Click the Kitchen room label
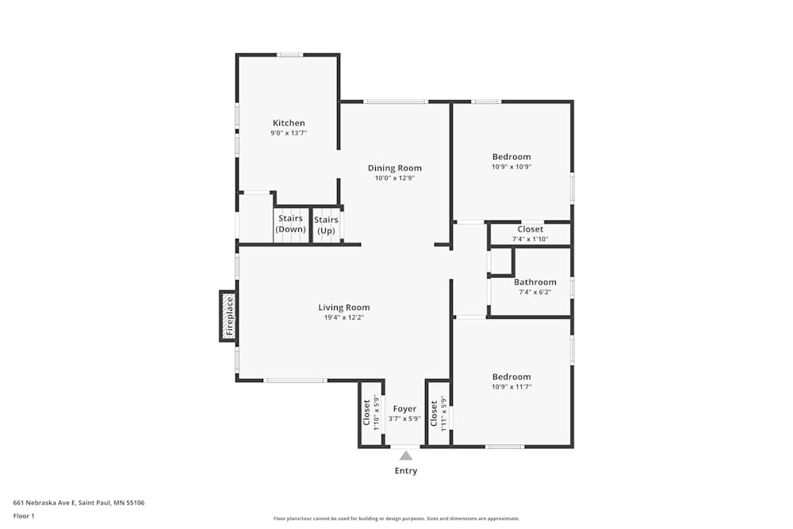point(289,123)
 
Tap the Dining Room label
point(394,168)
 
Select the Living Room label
point(344,308)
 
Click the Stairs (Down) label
point(291,224)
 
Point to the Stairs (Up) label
point(326,224)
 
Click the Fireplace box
point(228,316)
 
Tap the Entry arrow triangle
point(406,455)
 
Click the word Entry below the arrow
point(406,471)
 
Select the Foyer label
point(404,409)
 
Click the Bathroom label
point(535,282)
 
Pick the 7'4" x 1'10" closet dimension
point(531,239)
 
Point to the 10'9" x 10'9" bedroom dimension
point(511,167)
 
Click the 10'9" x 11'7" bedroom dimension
point(511,387)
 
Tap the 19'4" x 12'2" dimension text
point(344,317)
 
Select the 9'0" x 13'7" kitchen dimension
point(289,133)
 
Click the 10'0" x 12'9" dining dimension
point(394,178)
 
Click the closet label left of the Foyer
point(367,412)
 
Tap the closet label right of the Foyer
point(434,413)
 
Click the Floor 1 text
point(24,516)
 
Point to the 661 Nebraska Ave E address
point(79,502)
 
